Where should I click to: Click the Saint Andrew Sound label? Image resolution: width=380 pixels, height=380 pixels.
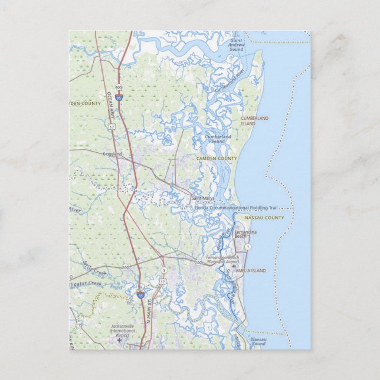237,44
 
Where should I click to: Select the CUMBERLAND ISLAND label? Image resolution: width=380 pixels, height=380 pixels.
254,121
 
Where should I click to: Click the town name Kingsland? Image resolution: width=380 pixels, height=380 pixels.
112,154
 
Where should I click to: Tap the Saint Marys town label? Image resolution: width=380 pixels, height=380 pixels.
202,198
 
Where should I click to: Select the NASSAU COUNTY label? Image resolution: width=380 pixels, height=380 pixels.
264,218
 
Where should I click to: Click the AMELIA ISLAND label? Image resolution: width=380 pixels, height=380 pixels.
250,270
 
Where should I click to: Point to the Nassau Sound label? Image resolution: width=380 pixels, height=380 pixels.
258,342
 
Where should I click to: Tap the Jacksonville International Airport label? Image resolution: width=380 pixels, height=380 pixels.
122,329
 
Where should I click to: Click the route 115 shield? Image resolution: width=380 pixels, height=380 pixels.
79,325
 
